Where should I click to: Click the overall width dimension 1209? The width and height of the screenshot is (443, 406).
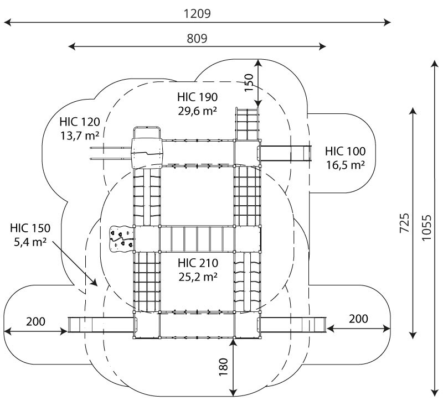point(197,13)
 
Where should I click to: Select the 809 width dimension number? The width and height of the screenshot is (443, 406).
point(197,39)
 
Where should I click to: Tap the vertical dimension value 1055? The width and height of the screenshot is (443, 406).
point(426,228)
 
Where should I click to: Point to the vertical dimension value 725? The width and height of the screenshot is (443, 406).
point(404,223)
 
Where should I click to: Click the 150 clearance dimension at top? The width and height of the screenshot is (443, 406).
point(249,82)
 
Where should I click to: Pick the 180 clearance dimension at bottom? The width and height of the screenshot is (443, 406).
point(224,367)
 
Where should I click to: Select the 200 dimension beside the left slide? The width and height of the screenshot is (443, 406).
point(35,321)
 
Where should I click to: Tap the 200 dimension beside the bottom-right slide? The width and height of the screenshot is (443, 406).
point(358,319)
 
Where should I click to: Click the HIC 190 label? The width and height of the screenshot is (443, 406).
point(198,97)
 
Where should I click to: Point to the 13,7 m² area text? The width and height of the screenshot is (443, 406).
point(80,136)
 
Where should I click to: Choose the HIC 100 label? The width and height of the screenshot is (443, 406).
point(345,151)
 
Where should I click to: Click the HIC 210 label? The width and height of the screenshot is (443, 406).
point(198,263)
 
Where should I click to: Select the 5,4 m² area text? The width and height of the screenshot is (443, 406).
point(30,242)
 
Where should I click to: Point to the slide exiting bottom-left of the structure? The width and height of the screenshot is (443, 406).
point(101,325)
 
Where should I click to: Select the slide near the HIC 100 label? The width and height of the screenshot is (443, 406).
point(286,153)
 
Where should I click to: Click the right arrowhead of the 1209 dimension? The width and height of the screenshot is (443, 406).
point(387,22)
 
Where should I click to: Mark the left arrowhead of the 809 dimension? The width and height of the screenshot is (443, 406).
point(72,46)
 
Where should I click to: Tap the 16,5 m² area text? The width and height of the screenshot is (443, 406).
point(345,165)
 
